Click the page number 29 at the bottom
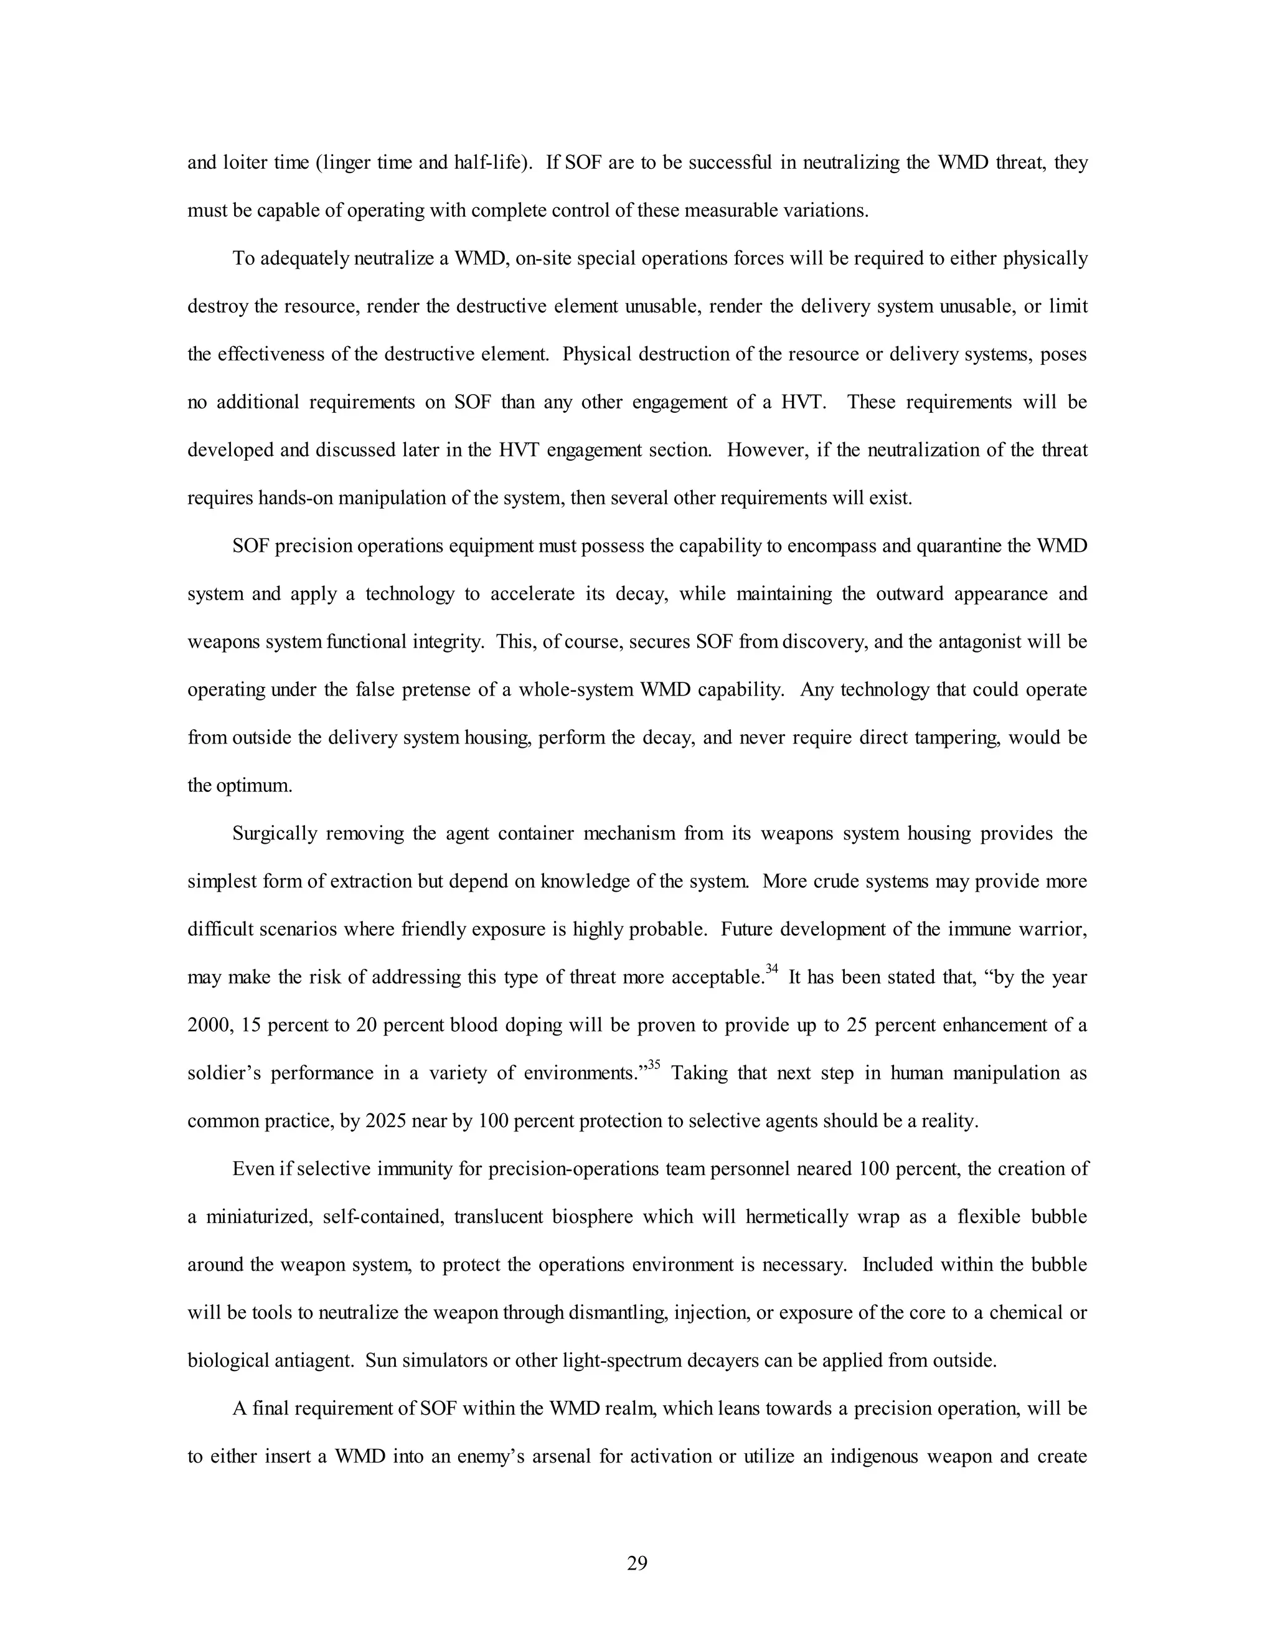(637, 1563)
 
